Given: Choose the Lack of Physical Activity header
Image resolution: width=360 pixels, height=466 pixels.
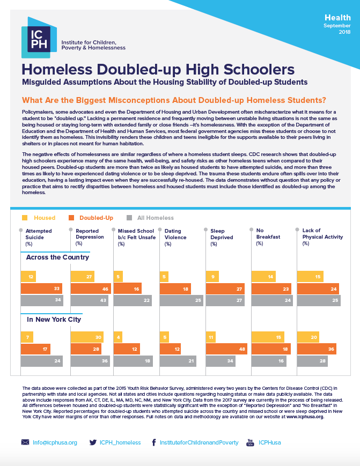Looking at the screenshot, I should pyautogui.click(x=322, y=236).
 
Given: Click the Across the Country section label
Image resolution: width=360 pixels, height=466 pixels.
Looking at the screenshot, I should pyautogui.click(x=58, y=257).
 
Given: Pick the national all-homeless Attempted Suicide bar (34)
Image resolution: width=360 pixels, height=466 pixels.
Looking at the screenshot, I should pyautogui.click(x=42, y=300).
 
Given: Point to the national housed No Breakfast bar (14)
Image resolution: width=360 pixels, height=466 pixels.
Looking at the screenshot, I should pyautogui.click(x=263, y=277).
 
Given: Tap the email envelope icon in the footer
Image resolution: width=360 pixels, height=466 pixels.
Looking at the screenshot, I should pyautogui.click(x=25, y=442).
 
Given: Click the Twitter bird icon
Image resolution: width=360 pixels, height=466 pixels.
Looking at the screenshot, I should pyautogui.click(x=93, y=442).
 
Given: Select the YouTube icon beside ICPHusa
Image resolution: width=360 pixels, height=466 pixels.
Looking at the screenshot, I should pyautogui.click(x=249, y=442).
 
